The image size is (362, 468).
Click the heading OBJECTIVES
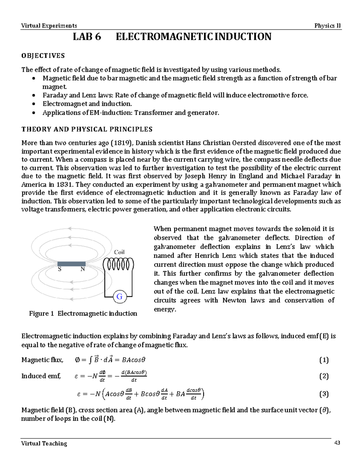[43, 56]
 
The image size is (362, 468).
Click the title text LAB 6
[87, 37]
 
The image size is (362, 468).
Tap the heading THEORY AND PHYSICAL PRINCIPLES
[87, 129]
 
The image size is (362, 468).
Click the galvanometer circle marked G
[119, 297]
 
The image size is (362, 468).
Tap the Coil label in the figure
[119, 252]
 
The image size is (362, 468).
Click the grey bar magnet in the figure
[71, 264]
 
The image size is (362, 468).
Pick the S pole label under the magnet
[59, 269]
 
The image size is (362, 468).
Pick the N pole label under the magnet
[82, 269]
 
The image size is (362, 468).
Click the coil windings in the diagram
[118, 265]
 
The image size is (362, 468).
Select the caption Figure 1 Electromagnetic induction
[83, 313]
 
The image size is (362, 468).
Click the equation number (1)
[324, 360]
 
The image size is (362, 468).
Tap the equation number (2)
[324, 376]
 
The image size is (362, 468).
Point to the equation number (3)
[324, 394]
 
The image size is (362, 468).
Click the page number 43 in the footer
[337, 443]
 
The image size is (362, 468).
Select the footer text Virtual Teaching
[44, 443]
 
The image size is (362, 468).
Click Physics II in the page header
[327, 26]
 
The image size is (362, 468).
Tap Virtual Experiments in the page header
[49, 26]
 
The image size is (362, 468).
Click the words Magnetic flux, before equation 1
[42, 360]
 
